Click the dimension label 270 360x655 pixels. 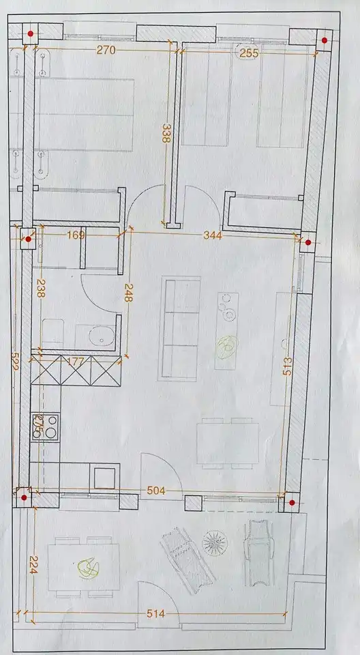click(105, 50)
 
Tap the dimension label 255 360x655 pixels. click(249, 52)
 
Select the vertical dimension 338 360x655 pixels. click(165, 132)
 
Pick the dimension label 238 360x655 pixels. click(41, 290)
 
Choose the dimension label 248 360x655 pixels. click(127, 294)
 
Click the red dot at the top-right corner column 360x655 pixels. click(325, 41)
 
